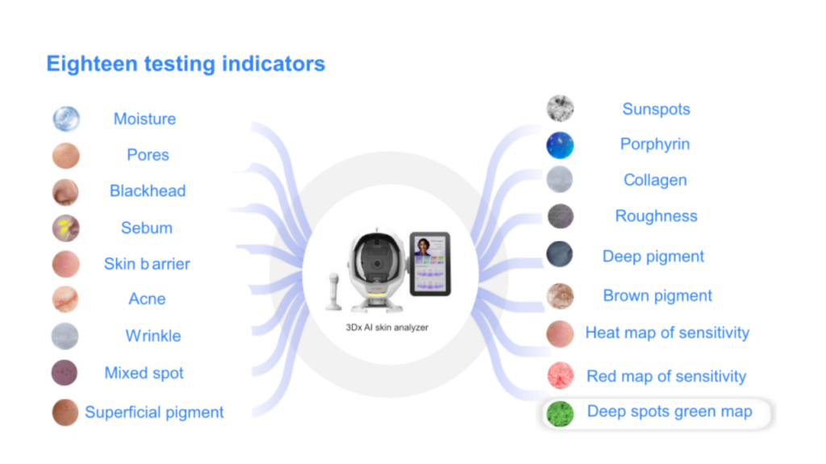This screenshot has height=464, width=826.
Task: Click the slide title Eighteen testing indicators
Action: point(186,64)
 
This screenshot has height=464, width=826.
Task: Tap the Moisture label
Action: point(145,119)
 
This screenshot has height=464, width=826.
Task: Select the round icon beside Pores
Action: point(66,156)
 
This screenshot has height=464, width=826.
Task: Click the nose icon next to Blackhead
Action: point(65,192)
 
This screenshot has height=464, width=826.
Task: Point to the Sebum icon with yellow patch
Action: point(66,228)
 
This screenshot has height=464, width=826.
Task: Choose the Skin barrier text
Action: point(147,264)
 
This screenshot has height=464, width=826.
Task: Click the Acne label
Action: point(147,299)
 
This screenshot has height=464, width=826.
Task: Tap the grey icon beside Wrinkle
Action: point(65,336)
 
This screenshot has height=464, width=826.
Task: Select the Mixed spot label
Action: point(144,373)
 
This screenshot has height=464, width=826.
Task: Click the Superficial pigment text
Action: point(154,412)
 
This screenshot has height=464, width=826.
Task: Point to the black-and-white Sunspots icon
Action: point(560,108)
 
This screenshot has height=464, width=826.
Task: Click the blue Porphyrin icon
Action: point(560,145)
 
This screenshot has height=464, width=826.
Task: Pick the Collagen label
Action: point(655,180)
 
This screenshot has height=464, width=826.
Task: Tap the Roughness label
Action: point(657,215)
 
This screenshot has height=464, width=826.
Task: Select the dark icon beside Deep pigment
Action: point(560,254)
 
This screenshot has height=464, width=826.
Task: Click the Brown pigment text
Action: point(657,295)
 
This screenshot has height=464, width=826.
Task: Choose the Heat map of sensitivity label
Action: point(667,332)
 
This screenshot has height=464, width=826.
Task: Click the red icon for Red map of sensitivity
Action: point(560,375)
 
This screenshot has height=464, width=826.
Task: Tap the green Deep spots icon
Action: point(560,413)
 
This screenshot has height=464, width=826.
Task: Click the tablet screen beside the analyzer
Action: point(430,264)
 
